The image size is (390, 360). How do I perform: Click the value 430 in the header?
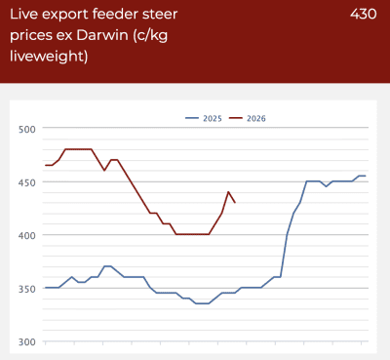pos(364,14)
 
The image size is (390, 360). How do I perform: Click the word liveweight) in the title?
pos(49,56)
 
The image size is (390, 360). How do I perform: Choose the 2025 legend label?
pos(213,118)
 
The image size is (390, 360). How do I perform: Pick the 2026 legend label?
pos(256,118)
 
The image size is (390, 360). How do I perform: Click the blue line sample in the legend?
pos(192,118)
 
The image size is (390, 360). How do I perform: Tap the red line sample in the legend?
pos(236,118)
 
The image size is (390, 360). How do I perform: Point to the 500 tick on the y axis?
pos(27,130)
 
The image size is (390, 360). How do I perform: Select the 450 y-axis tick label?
pos(27,182)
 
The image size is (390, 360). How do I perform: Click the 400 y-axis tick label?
pos(27,235)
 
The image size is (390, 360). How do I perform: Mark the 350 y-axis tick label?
pos(27,289)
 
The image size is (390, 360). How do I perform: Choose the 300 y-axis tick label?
pos(27,342)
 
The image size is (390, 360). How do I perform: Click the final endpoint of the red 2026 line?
pos(235,203)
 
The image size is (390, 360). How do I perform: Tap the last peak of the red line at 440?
pos(228,192)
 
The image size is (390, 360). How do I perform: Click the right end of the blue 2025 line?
pos(366,176)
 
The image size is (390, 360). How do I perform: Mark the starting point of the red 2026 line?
pos(46,165)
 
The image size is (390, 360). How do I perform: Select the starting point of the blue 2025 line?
pos(46,288)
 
